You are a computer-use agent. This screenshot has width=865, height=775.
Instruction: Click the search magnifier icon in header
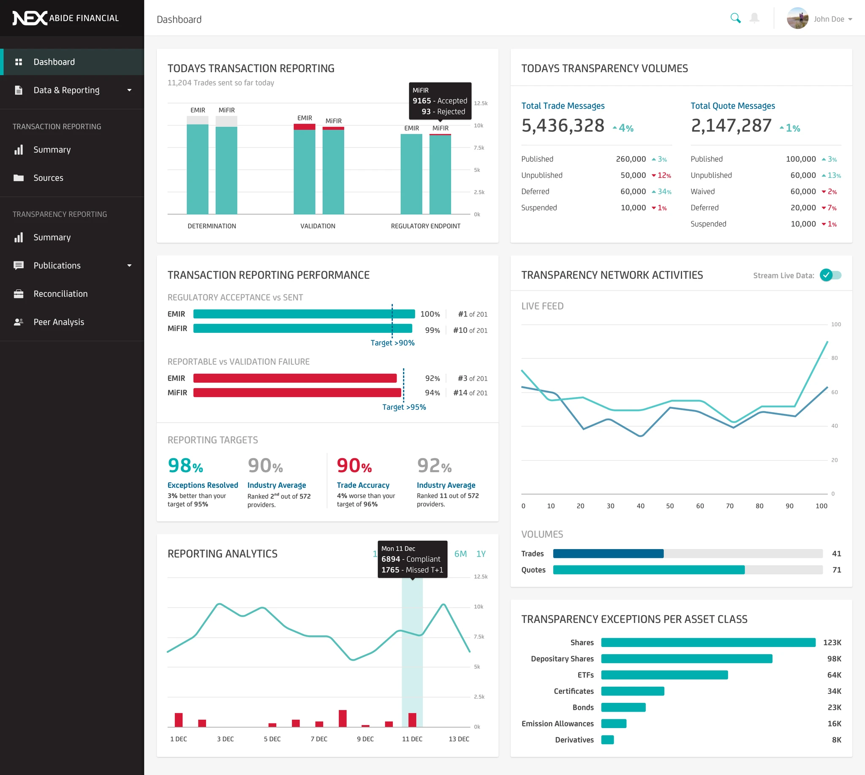(735, 18)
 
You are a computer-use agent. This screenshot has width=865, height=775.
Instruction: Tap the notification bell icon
(754, 18)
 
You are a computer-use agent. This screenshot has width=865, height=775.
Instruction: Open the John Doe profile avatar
(797, 18)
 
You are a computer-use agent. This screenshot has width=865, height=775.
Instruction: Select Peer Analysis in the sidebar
(59, 322)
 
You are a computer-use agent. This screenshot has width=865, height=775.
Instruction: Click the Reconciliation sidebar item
(60, 294)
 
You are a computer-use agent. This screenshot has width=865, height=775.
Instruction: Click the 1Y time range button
(481, 554)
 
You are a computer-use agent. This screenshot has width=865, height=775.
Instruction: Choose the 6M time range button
(460, 554)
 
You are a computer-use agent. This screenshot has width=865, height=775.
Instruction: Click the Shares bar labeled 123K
(708, 642)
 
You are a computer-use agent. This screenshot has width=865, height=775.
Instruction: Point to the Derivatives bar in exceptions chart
(607, 740)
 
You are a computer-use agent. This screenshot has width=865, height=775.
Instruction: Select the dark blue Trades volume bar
(608, 554)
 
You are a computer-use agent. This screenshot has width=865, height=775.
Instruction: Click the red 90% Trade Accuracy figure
(354, 465)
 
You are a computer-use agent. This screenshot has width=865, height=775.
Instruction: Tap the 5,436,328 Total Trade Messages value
(563, 125)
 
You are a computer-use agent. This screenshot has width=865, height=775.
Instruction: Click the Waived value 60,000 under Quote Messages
(803, 192)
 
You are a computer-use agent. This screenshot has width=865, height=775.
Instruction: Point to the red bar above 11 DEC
(412, 720)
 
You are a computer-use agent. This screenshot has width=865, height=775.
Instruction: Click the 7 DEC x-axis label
(318, 739)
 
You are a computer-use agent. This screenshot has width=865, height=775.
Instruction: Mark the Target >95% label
(404, 407)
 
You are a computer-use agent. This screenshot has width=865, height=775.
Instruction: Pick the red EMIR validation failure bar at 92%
(295, 378)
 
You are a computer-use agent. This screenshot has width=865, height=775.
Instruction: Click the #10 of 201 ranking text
(470, 330)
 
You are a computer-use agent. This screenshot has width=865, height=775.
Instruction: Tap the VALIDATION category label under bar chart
(318, 226)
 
